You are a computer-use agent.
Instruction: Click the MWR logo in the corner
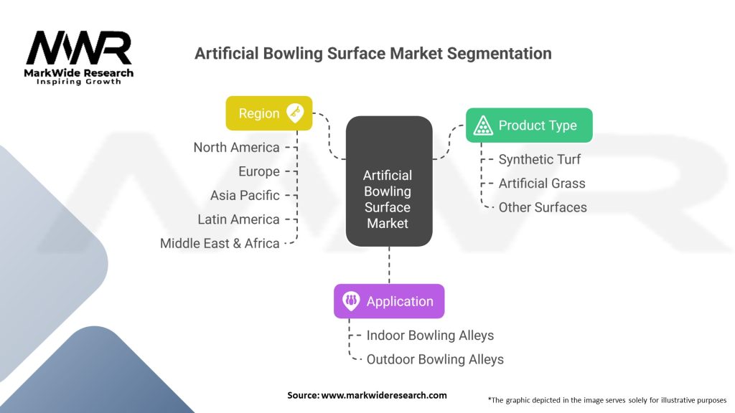coord(79,57)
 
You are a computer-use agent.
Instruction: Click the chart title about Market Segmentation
coord(373,54)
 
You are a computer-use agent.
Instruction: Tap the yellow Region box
coord(268,113)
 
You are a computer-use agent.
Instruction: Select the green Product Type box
coord(529,125)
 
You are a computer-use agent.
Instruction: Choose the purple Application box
coord(388,301)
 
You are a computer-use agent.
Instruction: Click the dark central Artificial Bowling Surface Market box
coord(388,182)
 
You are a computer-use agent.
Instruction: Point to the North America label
coord(236,147)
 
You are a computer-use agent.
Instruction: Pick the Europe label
coord(258,171)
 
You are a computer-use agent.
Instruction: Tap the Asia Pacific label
coord(244,195)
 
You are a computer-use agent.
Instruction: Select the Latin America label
coord(238,219)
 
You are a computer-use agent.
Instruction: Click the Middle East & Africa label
coord(220,243)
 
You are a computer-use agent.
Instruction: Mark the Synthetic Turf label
coord(539,159)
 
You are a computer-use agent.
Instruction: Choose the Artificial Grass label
coord(542,183)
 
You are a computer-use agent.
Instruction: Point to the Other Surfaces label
coord(543,207)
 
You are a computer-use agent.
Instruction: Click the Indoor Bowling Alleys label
coord(430,335)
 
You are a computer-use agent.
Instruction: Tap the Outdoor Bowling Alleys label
coord(435,359)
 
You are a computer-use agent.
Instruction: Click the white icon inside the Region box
coord(295,113)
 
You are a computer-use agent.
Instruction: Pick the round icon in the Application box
coord(352,301)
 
